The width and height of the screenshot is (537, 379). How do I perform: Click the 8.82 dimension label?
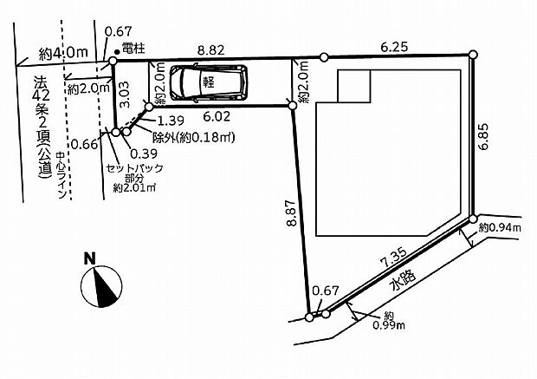[x=211, y=50]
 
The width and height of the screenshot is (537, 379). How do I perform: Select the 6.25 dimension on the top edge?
[x=395, y=47]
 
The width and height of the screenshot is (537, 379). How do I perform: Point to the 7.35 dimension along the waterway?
[x=393, y=258]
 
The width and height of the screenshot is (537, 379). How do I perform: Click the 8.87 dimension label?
[x=291, y=212]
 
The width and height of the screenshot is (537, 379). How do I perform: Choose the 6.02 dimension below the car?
[x=217, y=116]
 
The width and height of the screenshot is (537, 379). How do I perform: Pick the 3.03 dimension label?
[x=125, y=94]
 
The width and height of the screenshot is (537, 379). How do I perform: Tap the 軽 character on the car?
[x=209, y=82]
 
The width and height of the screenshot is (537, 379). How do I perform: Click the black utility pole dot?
[x=117, y=52]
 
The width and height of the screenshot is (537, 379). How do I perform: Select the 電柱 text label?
[x=133, y=49]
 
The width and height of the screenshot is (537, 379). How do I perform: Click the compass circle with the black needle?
[x=101, y=286]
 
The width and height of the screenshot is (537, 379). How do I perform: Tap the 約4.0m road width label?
[x=63, y=53]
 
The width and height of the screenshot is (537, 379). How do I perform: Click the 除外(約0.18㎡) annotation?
[x=194, y=138]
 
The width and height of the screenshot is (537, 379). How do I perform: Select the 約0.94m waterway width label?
[x=500, y=227]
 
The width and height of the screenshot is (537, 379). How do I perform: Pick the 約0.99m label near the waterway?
[x=389, y=320]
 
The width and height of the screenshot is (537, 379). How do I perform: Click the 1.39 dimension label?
[x=171, y=121]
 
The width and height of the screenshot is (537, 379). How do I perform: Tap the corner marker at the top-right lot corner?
[x=473, y=55]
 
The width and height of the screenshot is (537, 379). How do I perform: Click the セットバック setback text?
[x=134, y=168]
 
